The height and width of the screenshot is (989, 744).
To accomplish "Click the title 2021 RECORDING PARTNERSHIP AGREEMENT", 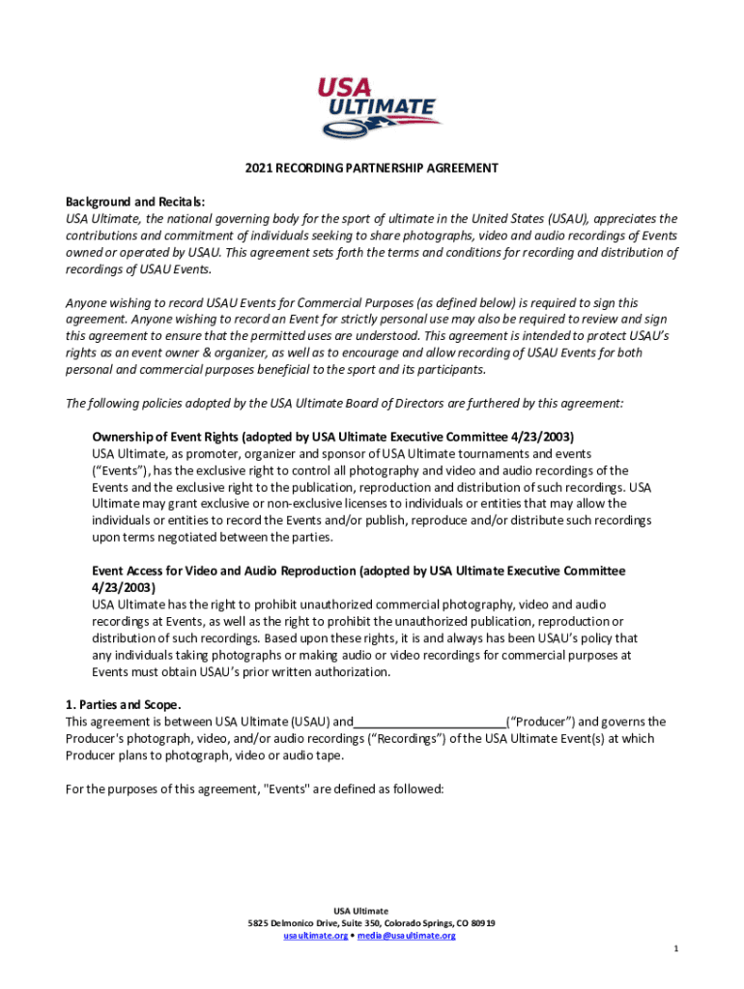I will pyautogui.click(x=371, y=168).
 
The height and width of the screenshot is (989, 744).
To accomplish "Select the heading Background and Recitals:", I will pyautogui.click(x=135, y=202).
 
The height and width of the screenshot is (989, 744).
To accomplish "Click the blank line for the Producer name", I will pyautogui.click(x=430, y=721).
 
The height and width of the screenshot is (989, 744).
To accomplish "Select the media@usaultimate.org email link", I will pyautogui.click(x=405, y=936).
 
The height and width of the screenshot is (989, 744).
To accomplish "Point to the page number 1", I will pyautogui.click(x=676, y=948).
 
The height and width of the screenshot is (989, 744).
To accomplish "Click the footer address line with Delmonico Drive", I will pyautogui.click(x=371, y=923).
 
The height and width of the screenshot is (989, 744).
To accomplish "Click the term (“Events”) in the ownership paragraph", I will pyautogui.click(x=121, y=470).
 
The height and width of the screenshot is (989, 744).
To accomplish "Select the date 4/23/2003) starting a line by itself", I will pyautogui.click(x=124, y=588).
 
